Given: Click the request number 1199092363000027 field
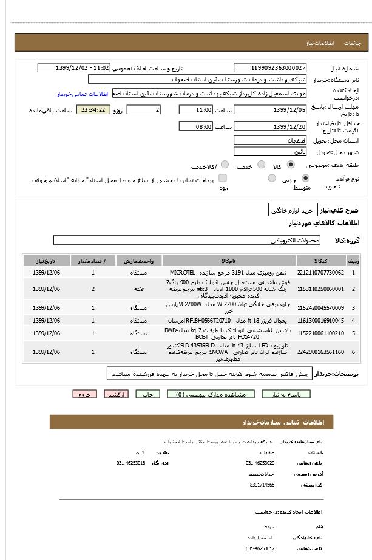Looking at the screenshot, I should click(x=270, y=68).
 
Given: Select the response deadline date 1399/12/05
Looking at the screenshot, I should click(x=270, y=110).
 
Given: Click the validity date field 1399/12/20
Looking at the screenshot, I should click(x=270, y=126).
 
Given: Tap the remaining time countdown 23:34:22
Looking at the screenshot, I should click(x=93, y=110).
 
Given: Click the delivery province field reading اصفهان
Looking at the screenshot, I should click(x=270, y=140).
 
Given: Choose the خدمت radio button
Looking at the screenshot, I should click(x=262, y=165).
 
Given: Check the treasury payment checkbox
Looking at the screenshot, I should click(x=223, y=179).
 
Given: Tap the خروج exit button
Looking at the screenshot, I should click(x=84, y=394).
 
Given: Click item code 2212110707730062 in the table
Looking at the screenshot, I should click(x=322, y=273).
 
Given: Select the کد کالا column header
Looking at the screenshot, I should click(x=322, y=261).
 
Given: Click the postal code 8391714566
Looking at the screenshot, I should click(x=262, y=485).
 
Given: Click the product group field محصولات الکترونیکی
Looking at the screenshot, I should click(x=187, y=241).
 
